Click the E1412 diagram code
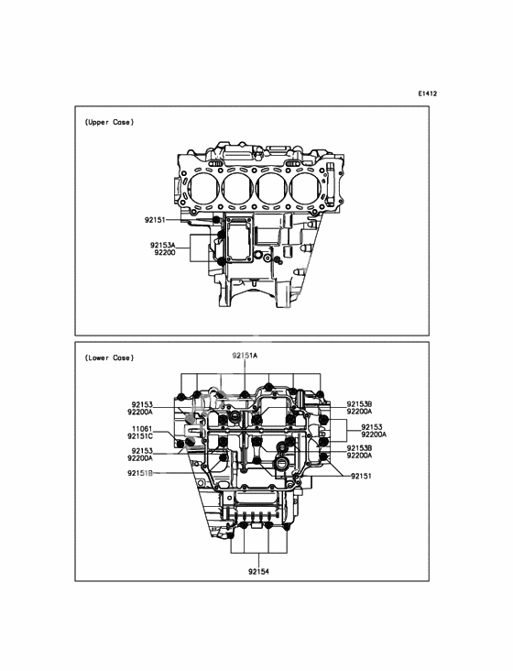428,93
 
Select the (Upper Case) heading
109,123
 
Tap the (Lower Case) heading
109,357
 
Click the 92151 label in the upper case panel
154,220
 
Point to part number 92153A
163,245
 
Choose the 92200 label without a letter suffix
165,252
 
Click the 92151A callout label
245,356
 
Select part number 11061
142,429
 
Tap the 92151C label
140,436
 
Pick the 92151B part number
140,473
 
